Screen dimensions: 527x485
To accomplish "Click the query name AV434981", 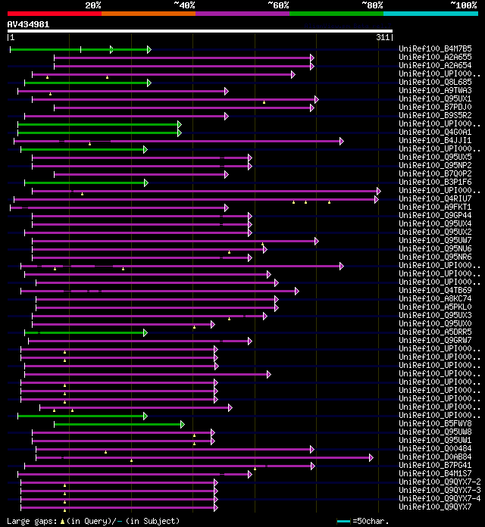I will pos(29,24).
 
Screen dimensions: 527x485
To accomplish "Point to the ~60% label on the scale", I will pos(278,5).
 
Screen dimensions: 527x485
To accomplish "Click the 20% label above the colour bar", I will pos(93,5).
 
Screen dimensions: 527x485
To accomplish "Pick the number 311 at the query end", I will pos(383,37).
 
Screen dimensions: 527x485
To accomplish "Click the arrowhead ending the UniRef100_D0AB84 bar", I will pos(371,457).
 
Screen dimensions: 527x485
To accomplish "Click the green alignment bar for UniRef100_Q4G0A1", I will pos(99,133).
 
